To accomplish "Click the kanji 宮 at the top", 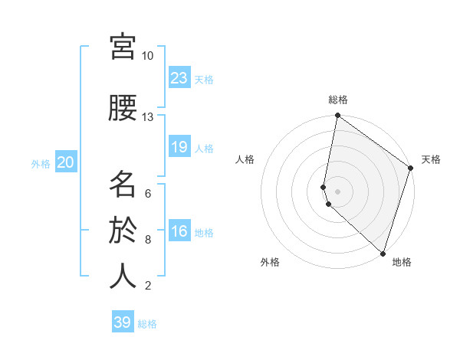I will pyautogui.click(x=123, y=47).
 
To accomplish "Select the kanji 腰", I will pyautogui.click(x=123, y=108).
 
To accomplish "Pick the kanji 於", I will pyautogui.click(x=123, y=231).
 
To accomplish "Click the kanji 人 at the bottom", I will pyautogui.click(x=123, y=277).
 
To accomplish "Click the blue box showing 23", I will pyautogui.click(x=179, y=78).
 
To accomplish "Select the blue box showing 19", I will pyautogui.click(x=179, y=147).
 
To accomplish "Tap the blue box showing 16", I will pyautogui.click(x=179, y=231).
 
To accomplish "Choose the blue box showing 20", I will pyautogui.click(x=65, y=162).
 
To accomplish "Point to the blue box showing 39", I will pyautogui.click(x=123, y=322).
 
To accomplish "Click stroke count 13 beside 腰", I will pyautogui.click(x=147, y=117).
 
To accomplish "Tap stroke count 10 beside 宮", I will pyautogui.click(x=147, y=56).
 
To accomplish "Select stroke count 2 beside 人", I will pyautogui.click(x=147, y=286).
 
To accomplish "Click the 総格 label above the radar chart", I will pyautogui.click(x=338, y=100).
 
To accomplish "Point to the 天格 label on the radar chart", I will pyautogui.click(x=431, y=159).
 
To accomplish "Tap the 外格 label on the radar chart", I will pyautogui.click(x=270, y=262).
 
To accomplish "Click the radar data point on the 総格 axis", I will pyautogui.click(x=337, y=116).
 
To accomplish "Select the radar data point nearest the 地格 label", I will pyautogui.click(x=382, y=253).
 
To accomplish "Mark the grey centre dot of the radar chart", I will pyautogui.click(x=337, y=191).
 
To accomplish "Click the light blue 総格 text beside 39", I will pyautogui.click(x=147, y=324).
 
